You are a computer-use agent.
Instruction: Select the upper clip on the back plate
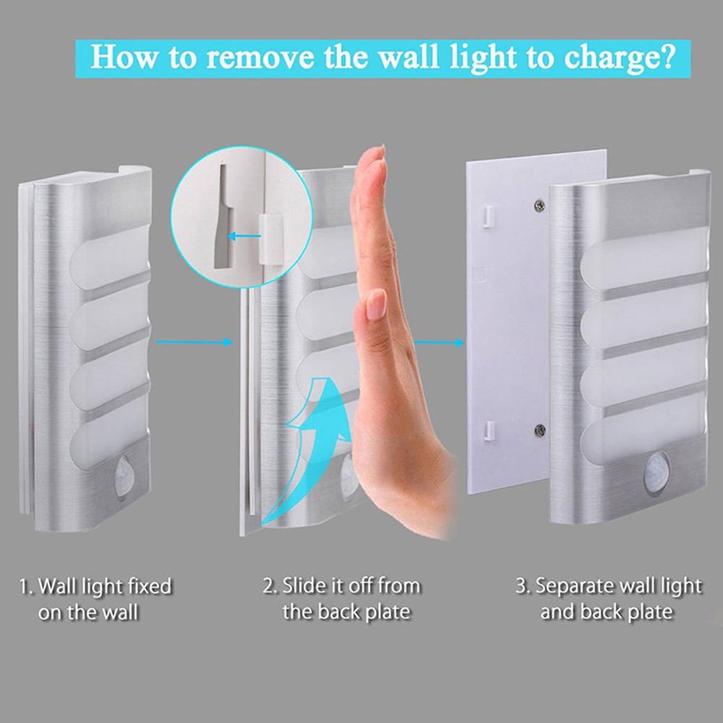point(489,213)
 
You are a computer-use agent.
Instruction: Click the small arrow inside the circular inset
point(243,234)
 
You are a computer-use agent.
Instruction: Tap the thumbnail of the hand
point(376,304)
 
